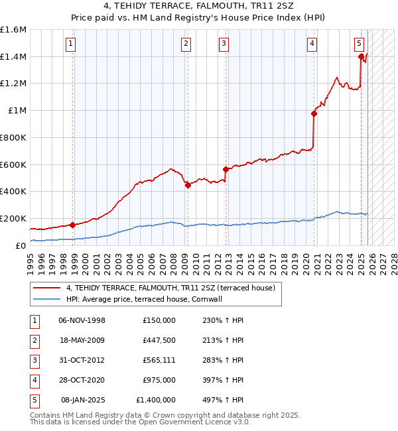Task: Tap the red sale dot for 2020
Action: [x=314, y=113]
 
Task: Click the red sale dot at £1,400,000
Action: [x=361, y=56]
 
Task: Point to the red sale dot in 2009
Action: [x=188, y=185]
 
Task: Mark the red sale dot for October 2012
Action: [x=226, y=169]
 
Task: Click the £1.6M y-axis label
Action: [x=13, y=30]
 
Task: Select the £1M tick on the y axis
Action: [x=17, y=111]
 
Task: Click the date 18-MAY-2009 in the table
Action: [x=82, y=340]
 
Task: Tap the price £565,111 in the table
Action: [x=159, y=360]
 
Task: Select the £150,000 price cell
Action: [x=159, y=320]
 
